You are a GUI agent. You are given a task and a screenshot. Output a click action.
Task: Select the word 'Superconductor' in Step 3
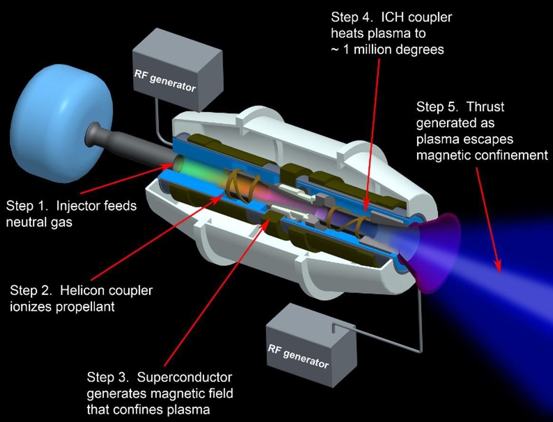(x=184, y=377)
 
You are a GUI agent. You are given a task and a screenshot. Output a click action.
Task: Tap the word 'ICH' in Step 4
(x=399, y=17)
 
